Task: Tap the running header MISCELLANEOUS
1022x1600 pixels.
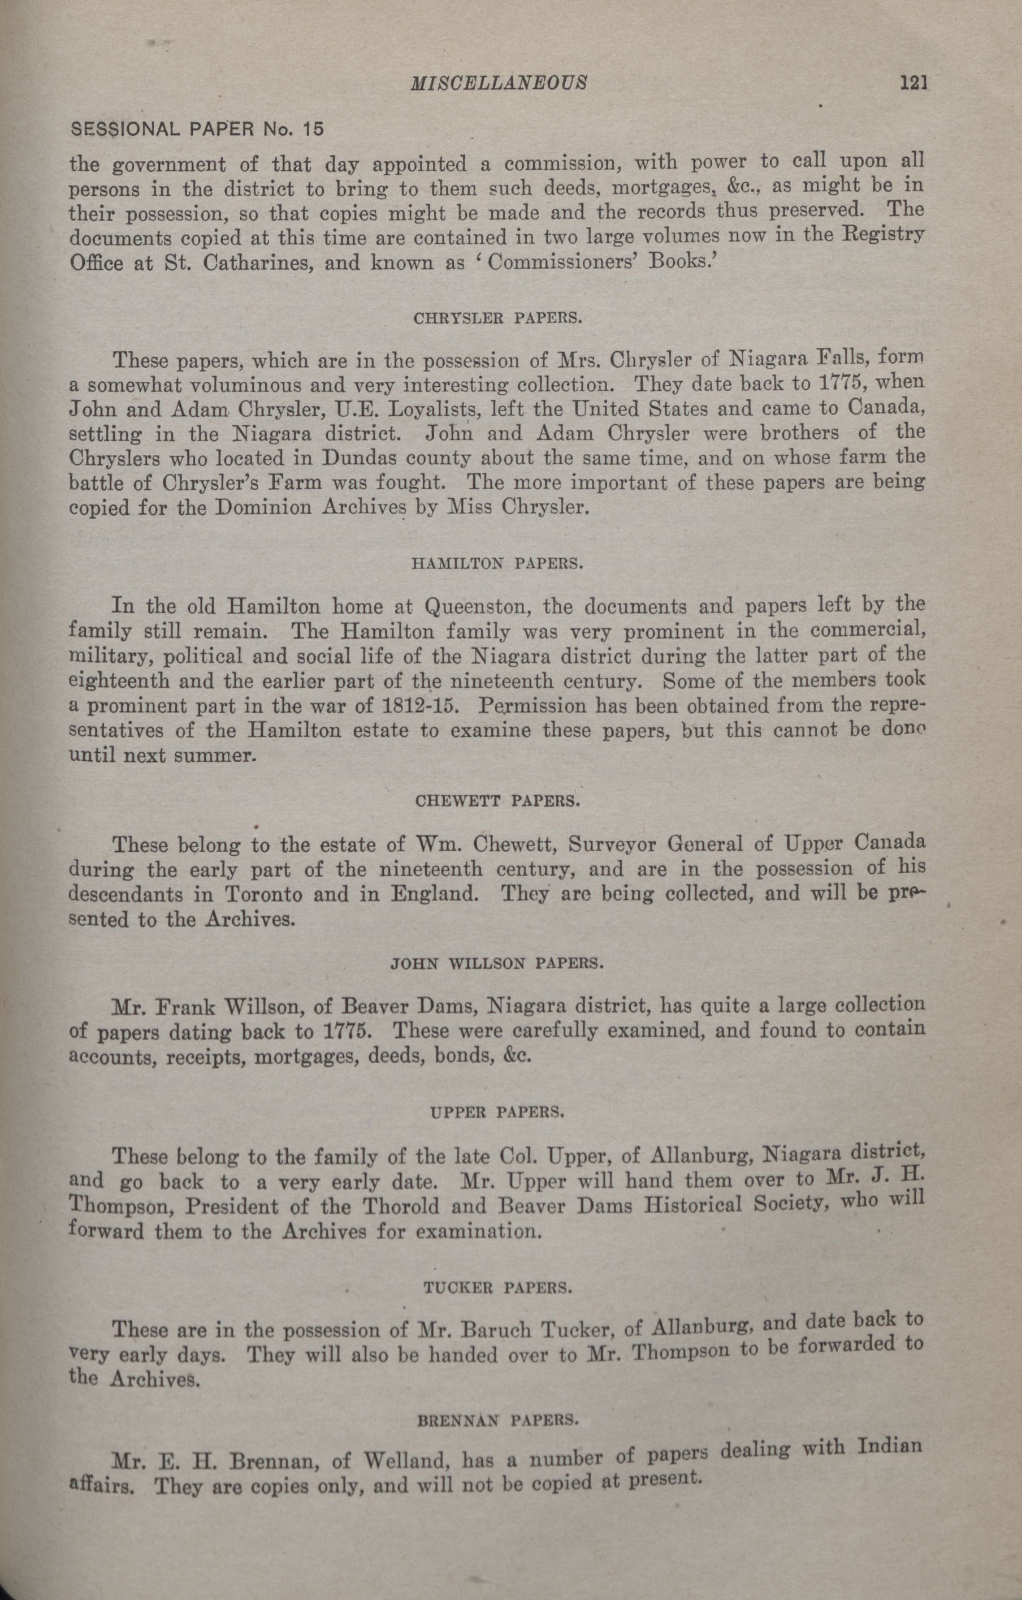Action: point(499,83)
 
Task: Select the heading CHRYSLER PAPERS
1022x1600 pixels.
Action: point(497,318)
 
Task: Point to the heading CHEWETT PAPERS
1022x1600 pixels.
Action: point(497,801)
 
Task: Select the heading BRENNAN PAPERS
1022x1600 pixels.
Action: point(497,1435)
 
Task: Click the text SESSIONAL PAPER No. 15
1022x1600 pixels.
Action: point(197,128)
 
